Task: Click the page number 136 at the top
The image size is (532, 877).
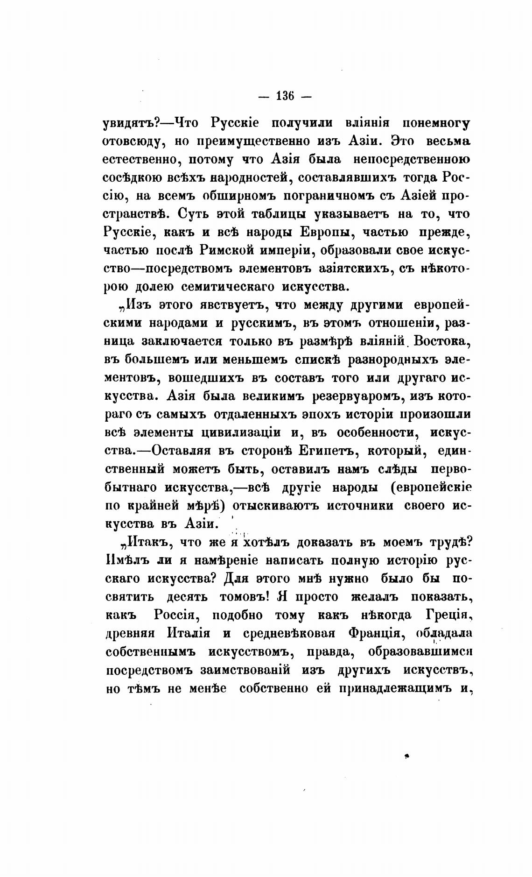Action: point(285,97)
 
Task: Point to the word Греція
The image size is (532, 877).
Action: point(446,615)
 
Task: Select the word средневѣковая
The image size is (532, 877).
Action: point(289,633)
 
